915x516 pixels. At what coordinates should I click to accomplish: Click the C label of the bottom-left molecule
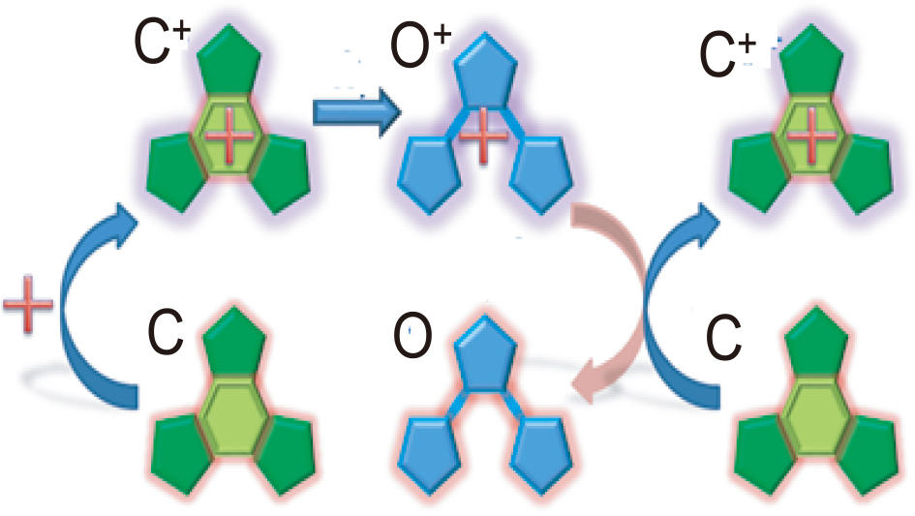(165, 335)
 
